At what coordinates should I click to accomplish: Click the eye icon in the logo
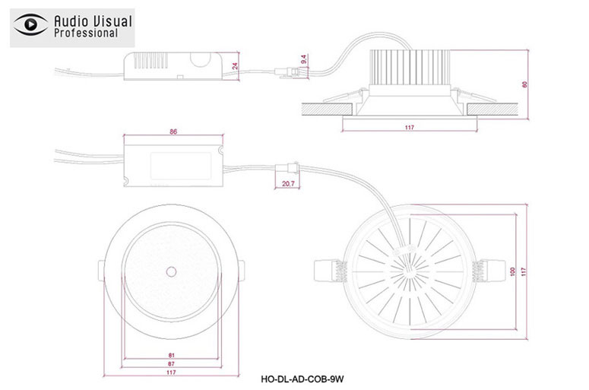click(30, 25)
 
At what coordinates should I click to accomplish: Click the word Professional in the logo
click(86, 33)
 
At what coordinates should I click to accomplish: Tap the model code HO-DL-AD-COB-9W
click(302, 379)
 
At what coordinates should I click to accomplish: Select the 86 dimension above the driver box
click(173, 132)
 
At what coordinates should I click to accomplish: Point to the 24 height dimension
click(235, 66)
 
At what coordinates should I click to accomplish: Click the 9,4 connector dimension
click(304, 59)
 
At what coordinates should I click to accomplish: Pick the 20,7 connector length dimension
click(288, 184)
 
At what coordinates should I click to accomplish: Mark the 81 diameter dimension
click(171, 355)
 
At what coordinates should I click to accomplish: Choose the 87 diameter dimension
click(171, 363)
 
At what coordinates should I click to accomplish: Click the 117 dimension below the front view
click(171, 373)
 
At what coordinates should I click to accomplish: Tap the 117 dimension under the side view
click(410, 128)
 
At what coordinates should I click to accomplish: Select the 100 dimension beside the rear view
click(513, 271)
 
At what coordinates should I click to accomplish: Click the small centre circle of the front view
click(171, 271)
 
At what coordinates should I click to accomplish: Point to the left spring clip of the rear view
click(330, 270)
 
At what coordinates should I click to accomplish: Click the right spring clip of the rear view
click(489, 270)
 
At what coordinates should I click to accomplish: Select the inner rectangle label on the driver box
click(181, 166)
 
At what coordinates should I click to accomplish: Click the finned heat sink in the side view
click(410, 67)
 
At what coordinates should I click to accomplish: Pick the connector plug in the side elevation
click(287, 71)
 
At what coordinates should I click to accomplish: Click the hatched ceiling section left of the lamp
click(328, 108)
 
